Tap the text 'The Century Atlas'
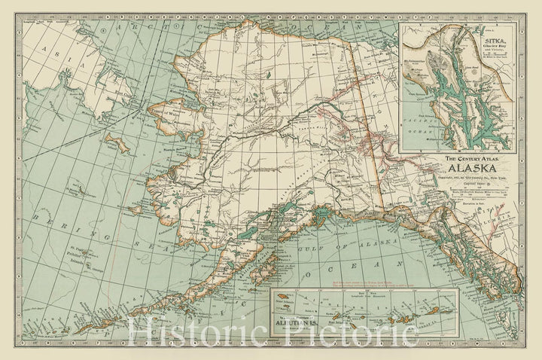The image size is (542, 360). tap(470, 159)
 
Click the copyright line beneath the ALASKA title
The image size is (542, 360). tap(470, 175)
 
